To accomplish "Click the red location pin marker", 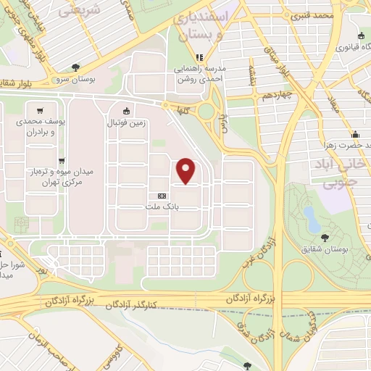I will tap(187, 170).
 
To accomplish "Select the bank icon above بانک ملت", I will tap(161, 196).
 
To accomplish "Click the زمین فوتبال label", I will tap(127, 123).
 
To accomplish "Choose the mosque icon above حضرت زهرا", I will tap(355, 135).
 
